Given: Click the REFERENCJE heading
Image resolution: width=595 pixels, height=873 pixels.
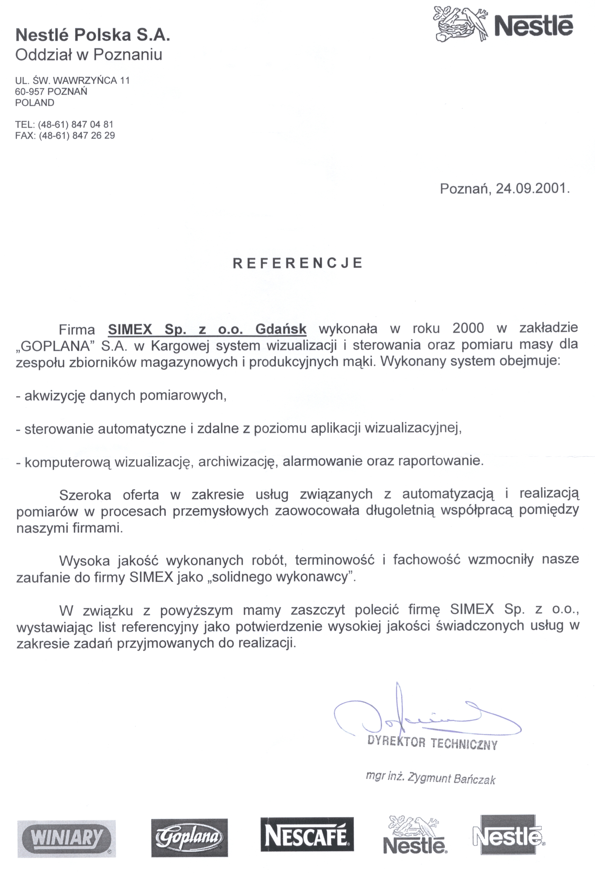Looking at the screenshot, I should [298, 263].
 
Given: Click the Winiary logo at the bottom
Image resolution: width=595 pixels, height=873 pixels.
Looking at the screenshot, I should [66, 837].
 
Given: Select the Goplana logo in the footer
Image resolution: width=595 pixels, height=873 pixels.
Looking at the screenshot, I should [189, 837].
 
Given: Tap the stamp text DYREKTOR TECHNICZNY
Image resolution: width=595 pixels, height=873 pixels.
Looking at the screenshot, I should [433, 743].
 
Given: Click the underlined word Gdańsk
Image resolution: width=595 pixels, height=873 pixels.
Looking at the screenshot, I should [281, 329].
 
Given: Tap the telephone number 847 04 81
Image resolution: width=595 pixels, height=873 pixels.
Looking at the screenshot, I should [92, 124].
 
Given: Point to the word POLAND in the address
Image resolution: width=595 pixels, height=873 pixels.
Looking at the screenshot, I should [35, 103].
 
